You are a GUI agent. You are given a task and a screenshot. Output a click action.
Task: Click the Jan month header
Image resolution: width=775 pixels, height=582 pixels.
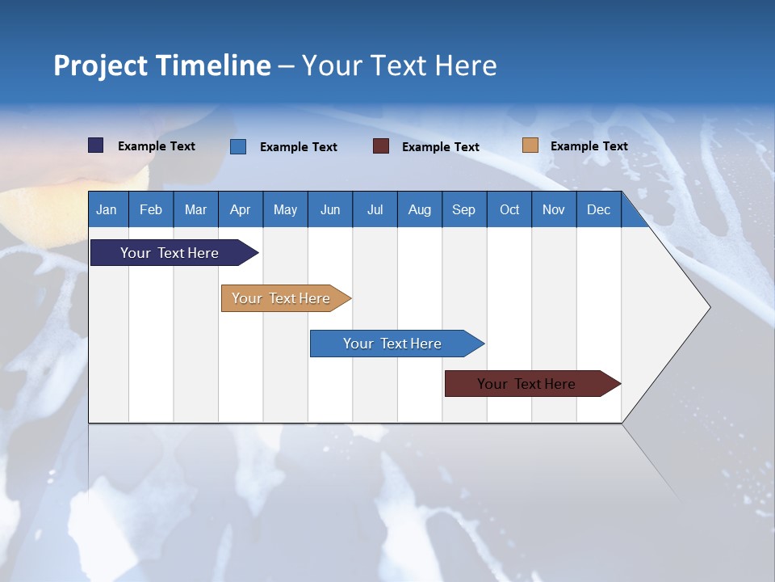107,209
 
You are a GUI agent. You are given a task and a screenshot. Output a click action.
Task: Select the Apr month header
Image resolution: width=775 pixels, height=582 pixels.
241,209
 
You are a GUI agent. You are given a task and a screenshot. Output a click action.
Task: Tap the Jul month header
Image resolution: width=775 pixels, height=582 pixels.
375,209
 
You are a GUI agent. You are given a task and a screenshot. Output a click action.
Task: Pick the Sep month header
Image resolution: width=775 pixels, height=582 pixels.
463,209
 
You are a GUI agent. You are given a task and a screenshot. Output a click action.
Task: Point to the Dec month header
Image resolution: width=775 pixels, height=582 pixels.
598,209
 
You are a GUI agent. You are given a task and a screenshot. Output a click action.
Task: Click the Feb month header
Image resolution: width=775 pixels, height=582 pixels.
151,209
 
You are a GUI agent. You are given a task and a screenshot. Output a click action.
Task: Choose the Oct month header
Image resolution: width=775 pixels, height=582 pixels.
509,209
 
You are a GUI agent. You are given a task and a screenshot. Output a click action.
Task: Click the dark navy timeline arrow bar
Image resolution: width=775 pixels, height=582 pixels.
170,253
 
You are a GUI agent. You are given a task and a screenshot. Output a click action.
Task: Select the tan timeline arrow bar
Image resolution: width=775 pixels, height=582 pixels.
282,298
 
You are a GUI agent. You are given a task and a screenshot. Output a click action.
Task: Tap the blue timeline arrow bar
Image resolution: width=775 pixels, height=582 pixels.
393,344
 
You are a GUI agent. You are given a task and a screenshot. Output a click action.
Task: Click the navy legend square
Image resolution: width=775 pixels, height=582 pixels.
96,145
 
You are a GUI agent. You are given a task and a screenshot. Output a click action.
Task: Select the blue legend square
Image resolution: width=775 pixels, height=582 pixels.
238,146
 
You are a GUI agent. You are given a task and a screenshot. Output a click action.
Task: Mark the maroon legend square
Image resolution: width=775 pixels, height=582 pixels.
381,146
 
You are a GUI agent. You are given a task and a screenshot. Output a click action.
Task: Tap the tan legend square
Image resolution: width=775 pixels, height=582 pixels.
530,145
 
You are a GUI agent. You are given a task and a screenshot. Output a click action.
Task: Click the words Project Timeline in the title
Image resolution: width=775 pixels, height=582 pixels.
162,65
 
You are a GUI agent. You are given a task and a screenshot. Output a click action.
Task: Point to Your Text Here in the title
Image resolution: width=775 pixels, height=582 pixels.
400,65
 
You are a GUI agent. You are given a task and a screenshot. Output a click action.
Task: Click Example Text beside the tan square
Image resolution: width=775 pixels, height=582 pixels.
589,146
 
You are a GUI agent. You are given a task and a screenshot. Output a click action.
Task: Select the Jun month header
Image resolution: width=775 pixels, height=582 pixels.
330,209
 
